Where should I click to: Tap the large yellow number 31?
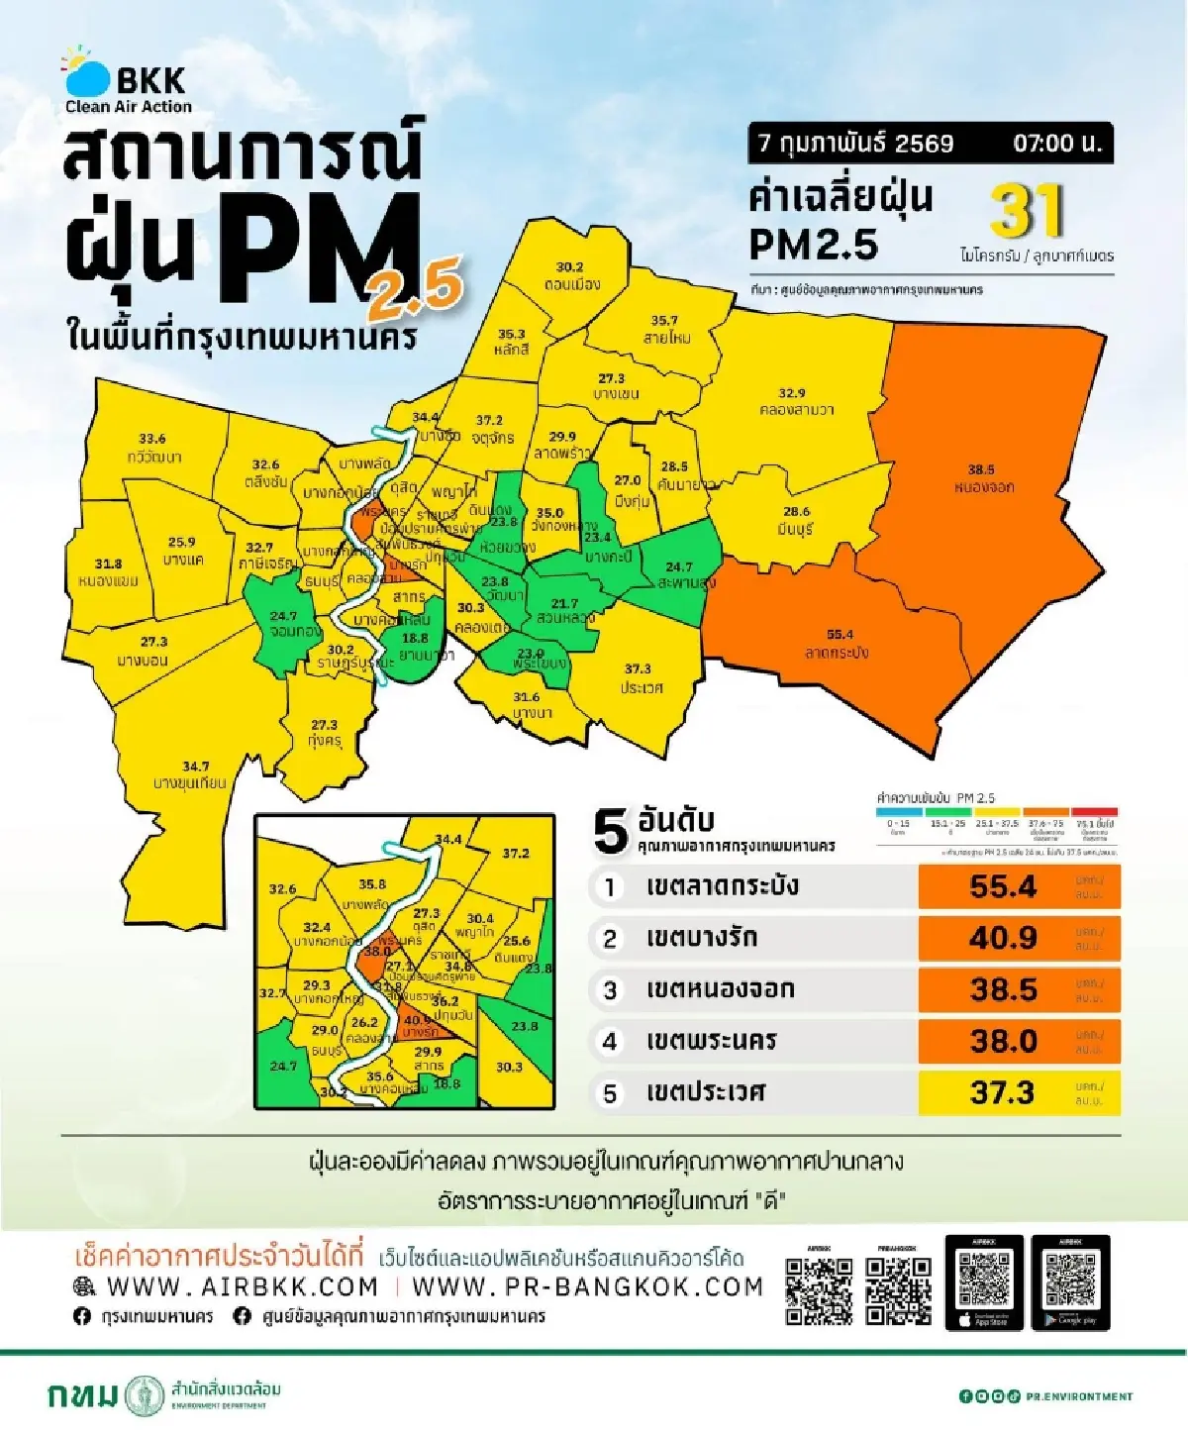[1027, 211]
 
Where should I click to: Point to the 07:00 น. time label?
[1056, 144]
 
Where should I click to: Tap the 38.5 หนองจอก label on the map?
[983, 478]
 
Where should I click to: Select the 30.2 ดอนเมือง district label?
[570, 275]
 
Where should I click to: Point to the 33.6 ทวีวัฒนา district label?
[153, 448]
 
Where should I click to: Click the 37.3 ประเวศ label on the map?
[639, 678]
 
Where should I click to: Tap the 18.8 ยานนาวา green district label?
[416, 646]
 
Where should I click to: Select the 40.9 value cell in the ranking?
[1003, 938]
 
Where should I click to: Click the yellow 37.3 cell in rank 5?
[1003, 1092]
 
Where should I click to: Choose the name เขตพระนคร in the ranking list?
[711, 1041]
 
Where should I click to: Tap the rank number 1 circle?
[610, 887]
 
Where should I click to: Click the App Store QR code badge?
[984, 1283]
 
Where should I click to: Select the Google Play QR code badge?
[1070, 1283]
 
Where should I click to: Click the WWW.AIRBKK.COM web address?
[243, 1287]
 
